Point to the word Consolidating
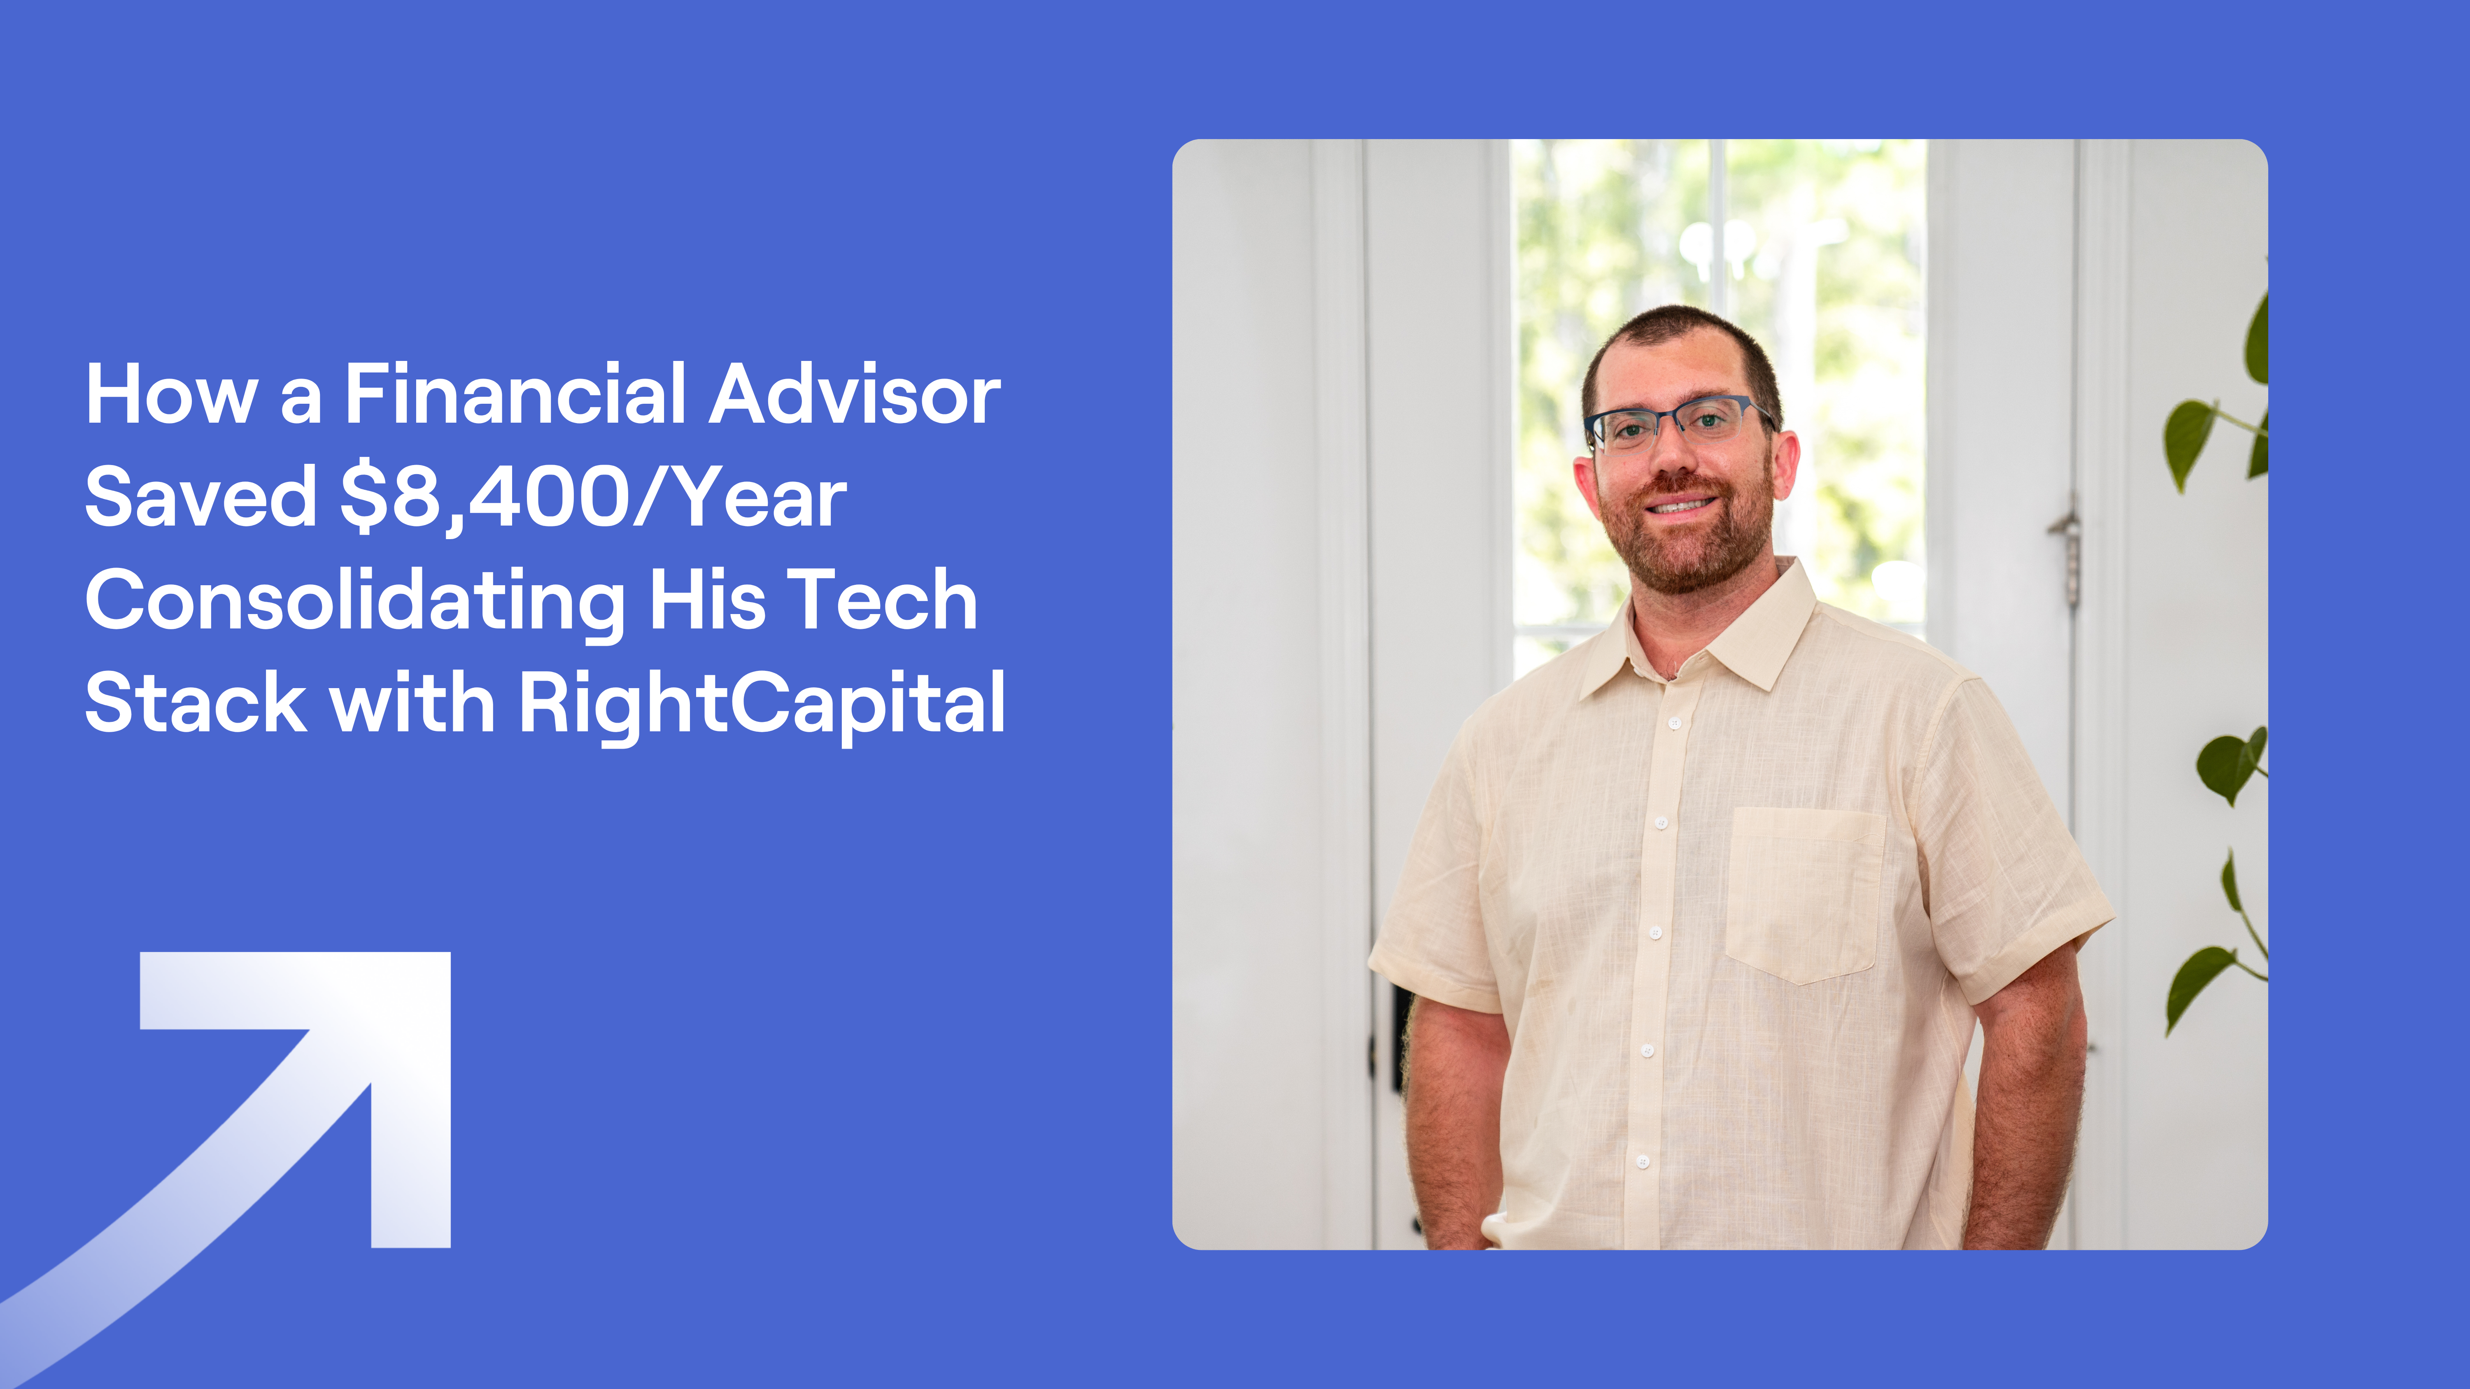pyautogui.click(x=355, y=601)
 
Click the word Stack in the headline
pyautogui.click(x=196, y=703)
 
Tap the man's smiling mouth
pyautogui.click(x=1680, y=505)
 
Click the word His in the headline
pyautogui.click(x=708, y=601)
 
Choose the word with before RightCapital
pyautogui.click(x=412, y=703)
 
